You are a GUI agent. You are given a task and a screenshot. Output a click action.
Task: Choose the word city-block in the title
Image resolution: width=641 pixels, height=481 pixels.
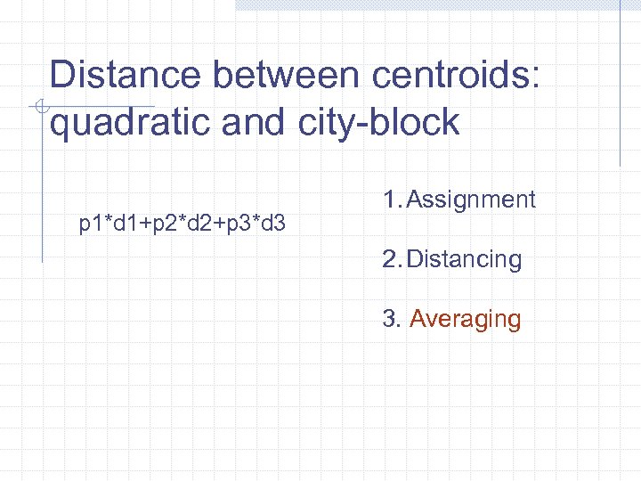click(375, 123)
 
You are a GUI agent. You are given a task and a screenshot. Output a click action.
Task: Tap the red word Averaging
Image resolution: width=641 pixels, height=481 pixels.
click(465, 319)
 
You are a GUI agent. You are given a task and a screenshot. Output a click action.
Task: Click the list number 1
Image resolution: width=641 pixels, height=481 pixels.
click(388, 200)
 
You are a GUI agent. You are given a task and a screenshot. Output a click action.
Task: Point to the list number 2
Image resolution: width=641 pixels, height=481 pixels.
click(389, 260)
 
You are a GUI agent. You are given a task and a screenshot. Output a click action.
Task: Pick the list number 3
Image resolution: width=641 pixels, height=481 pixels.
click(389, 319)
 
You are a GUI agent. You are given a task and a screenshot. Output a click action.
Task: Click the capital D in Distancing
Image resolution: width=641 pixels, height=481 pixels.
click(416, 260)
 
